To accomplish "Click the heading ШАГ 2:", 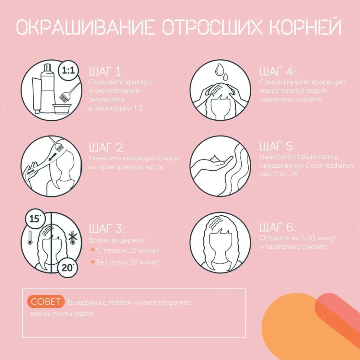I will [x=106, y=148].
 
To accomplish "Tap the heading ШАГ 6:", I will [x=278, y=227].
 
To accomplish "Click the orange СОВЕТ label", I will [x=46, y=302].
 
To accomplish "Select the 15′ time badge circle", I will [x=34, y=219].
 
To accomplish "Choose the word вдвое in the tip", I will [x=84, y=314].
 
